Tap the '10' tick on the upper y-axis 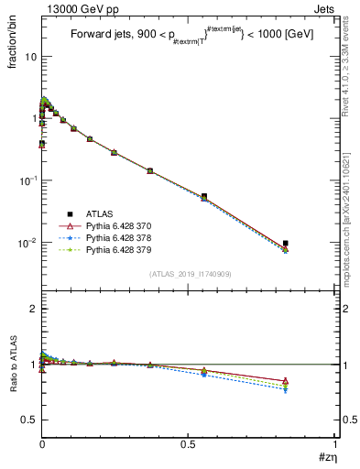[29, 56]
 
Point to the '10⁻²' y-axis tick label [27, 243]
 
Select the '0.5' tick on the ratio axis [29, 420]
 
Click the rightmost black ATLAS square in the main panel [286, 244]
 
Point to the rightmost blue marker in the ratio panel [286, 390]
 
